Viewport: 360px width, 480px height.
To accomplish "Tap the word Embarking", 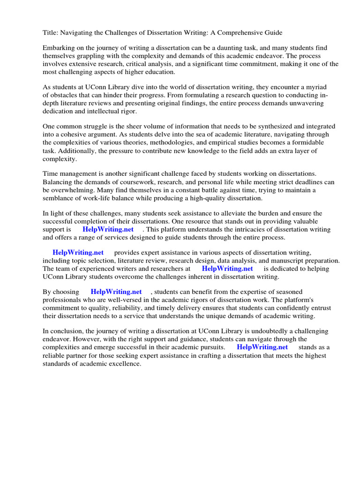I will tap(59, 48).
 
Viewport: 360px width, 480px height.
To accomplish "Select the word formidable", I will tap(301, 142).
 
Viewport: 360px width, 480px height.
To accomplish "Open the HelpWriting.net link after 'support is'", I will tap(108, 229).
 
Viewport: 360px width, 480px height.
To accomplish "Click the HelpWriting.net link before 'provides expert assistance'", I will tap(78, 253).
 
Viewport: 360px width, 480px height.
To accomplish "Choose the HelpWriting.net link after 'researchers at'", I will tap(227, 269).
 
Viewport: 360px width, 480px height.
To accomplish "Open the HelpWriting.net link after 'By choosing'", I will tap(116, 292).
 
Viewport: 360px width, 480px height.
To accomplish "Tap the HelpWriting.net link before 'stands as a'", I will tap(262, 347).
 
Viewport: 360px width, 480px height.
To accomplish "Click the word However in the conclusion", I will tap(88, 339).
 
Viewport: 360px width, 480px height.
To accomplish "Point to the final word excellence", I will tap(124, 363).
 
